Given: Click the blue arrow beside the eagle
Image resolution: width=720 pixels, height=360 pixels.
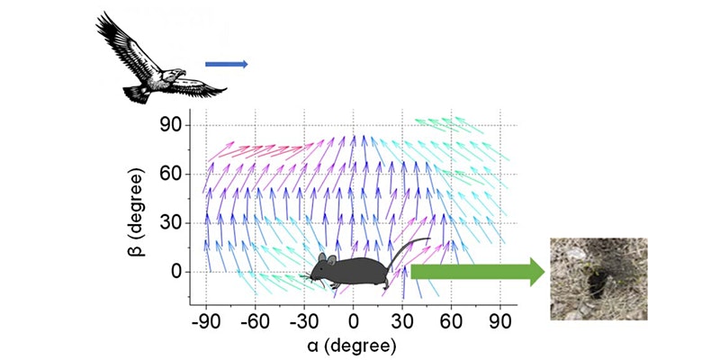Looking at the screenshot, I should click(x=225, y=64).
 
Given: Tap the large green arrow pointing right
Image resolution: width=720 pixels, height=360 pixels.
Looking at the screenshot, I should click(x=477, y=271).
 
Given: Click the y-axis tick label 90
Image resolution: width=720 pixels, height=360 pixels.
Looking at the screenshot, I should click(x=170, y=124).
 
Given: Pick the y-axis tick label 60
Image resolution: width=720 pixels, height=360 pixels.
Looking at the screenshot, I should click(x=170, y=173).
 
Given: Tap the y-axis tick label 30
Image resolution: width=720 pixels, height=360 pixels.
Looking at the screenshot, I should click(x=170, y=222).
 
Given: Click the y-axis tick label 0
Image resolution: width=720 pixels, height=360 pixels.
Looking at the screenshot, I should click(x=176, y=271).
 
